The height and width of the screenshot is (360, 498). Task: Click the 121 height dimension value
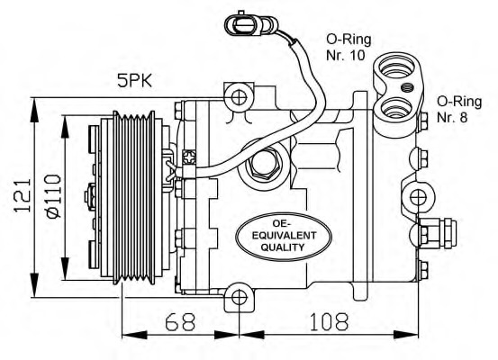pyautogui.click(x=23, y=195)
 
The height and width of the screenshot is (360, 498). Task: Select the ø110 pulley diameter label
pyautogui.click(x=53, y=196)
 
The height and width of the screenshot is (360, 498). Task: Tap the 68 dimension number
pyautogui.click(x=180, y=321)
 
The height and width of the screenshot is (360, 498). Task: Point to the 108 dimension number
pyautogui.click(x=329, y=321)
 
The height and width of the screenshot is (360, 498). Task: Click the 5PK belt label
pyautogui.click(x=135, y=81)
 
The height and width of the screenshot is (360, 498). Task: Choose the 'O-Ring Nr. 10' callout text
pyautogui.click(x=349, y=47)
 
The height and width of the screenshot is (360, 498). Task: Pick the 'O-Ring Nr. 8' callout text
pyautogui.click(x=459, y=109)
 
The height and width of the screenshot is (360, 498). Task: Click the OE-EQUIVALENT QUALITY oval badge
pyautogui.click(x=284, y=237)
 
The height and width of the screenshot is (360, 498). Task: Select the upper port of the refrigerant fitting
pyautogui.click(x=398, y=68)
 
